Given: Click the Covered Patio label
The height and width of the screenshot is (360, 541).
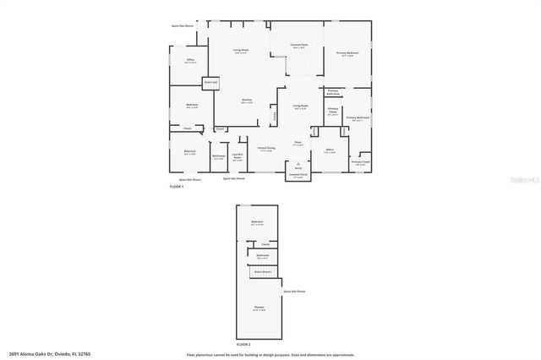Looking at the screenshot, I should [298, 46].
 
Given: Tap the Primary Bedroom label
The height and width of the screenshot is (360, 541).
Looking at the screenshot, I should [347, 53].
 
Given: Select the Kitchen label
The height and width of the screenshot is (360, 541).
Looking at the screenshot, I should [247, 101].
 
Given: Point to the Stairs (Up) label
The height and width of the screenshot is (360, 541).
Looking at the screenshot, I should [210, 82].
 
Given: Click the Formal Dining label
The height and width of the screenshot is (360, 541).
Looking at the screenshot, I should [265, 150].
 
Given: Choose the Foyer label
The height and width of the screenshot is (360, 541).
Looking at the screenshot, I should [298, 143].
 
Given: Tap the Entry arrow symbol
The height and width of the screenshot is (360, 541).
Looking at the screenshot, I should [298, 162].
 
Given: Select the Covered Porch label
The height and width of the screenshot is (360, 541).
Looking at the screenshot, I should [298, 176].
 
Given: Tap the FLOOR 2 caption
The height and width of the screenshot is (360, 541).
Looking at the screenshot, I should [243, 344].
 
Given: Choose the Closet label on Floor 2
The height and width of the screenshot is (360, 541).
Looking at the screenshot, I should [265, 243].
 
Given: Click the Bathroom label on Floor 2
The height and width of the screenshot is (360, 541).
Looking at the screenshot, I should [263, 255].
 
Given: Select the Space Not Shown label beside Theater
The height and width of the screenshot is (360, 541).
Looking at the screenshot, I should [294, 292].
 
